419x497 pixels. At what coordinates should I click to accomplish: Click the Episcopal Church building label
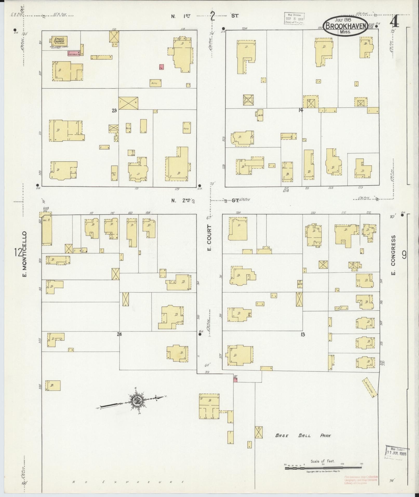click(x=59, y=41)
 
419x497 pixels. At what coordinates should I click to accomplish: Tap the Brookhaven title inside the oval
click(x=345, y=26)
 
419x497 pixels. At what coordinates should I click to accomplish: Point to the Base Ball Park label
click(x=303, y=435)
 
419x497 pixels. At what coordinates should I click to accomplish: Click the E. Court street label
click(x=210, y=238)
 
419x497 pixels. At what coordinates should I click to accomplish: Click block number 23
click(x=114, y=111)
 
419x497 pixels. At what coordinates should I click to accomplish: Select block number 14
click(x=301, y=110)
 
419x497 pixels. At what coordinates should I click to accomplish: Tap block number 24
click(x=119, y=334)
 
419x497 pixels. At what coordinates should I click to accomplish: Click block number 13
click(x=302, y=335)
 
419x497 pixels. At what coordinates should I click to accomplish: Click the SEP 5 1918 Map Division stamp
click(x=294, y=19)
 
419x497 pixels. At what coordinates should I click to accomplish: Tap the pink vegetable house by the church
click(x=74, y=54)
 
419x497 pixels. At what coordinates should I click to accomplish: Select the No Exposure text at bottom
click(x=128, y=482)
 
